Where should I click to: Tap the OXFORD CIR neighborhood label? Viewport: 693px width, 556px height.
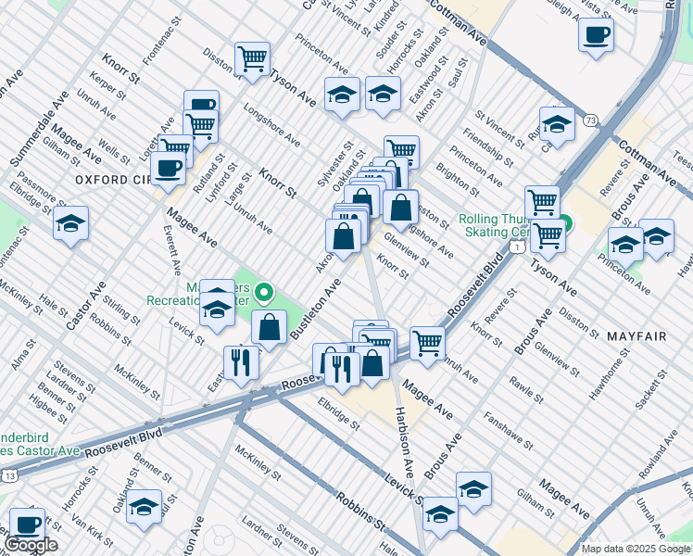[113, 179]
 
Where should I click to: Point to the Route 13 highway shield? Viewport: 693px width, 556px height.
[9, 474]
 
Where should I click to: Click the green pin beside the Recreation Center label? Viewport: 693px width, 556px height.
[264, 295]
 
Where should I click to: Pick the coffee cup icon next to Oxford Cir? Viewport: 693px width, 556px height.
[168, 168]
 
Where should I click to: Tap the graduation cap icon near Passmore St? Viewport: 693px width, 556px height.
[70, 223]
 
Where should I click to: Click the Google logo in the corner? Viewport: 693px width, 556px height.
[31, 546]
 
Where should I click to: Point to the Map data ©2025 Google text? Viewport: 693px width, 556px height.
[635, 549]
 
